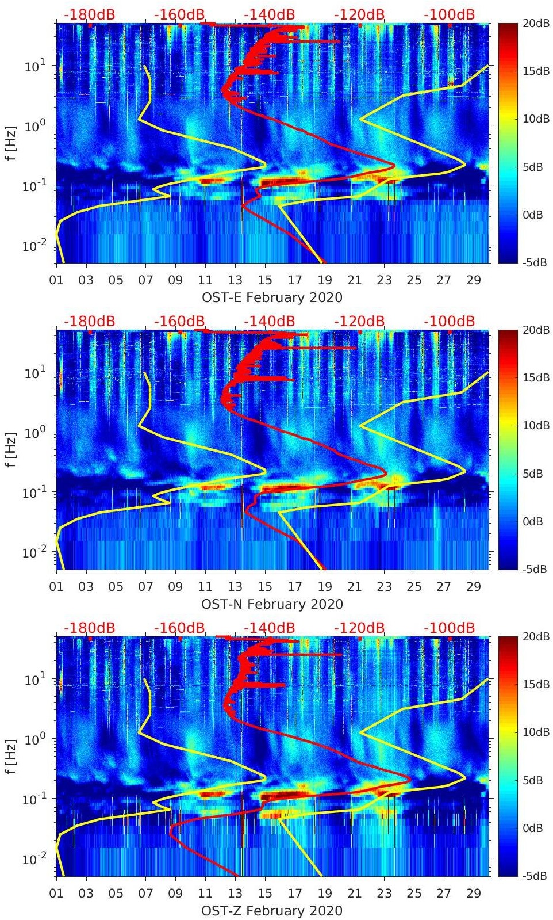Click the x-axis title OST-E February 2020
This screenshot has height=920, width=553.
click(272, 297)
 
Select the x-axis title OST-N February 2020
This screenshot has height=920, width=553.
click(272, 604)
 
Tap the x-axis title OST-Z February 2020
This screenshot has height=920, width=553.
click(272, 911)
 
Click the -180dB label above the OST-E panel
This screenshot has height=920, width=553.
click(89, 14)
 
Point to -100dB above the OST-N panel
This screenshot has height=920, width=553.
click(449, 321)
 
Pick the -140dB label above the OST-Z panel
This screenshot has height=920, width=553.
click(269, 628)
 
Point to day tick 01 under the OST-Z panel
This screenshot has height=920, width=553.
click(56, 894)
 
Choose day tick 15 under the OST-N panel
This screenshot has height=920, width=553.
click(265, 587)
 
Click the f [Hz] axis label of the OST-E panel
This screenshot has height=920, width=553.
click(11, 143)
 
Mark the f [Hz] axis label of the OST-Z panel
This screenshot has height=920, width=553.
click(11, 756)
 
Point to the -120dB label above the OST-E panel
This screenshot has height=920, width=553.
click(359, 14)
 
